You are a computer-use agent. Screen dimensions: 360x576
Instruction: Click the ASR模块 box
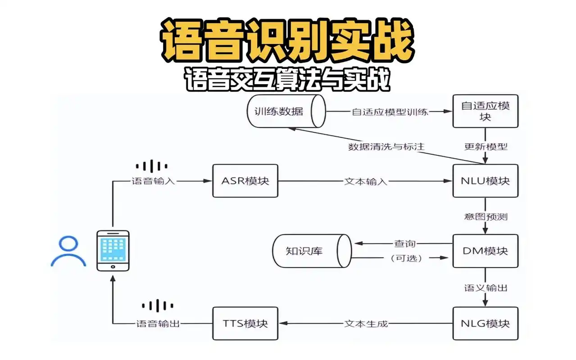click(245, 180)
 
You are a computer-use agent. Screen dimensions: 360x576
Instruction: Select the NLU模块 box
click(485, 180)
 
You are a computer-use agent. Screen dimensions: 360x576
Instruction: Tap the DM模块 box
click(485, 251)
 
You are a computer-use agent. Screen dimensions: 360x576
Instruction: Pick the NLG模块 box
click(485, 323)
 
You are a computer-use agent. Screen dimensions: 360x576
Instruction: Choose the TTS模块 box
click(245, 323)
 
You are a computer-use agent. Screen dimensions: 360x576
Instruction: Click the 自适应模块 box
click(485, 111)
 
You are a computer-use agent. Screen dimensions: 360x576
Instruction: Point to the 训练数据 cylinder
click(286, 111)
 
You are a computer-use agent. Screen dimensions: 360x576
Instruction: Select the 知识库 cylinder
click(311, 251)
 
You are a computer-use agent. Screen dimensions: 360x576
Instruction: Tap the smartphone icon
click(113, 250)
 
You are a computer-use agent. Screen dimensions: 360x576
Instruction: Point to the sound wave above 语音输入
click(152, 166)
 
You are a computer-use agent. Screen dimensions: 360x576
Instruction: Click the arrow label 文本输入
click(366, 181)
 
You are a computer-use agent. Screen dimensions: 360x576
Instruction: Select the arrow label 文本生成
click(366, 324)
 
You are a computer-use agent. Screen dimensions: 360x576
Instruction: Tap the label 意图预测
click(485, 216)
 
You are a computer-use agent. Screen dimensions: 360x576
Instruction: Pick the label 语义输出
click(485, 288)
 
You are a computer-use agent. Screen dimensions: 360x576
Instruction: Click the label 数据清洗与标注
click(386, 146)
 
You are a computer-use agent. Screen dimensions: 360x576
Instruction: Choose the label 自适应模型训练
click(390, 112)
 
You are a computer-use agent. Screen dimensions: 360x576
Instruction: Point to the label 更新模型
click(485, 146)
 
